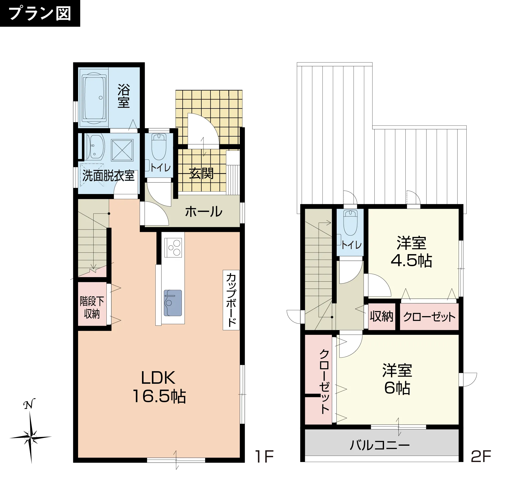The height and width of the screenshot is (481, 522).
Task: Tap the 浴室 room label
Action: (124, 96)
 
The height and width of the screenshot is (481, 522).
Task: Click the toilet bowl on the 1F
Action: (159, 147)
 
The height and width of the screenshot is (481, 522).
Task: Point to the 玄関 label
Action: (201, 173)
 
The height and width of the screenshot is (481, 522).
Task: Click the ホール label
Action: (204, 212)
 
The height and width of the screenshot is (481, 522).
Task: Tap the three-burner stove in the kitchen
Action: (173, 248)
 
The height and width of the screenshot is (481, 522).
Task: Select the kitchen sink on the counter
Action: (173, 303)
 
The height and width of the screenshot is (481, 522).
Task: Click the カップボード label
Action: (231, 300)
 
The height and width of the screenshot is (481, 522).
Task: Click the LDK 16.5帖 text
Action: (159, 387)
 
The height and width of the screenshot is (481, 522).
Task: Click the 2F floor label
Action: (481, 456)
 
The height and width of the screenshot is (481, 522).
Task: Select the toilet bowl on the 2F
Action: (350, 222)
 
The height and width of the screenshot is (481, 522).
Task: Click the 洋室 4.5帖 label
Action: (411, 251)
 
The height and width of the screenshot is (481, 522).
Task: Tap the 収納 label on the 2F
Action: (382, 316)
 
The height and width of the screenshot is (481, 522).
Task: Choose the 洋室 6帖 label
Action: (397, 379)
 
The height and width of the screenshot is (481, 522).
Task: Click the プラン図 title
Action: (40, 13)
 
